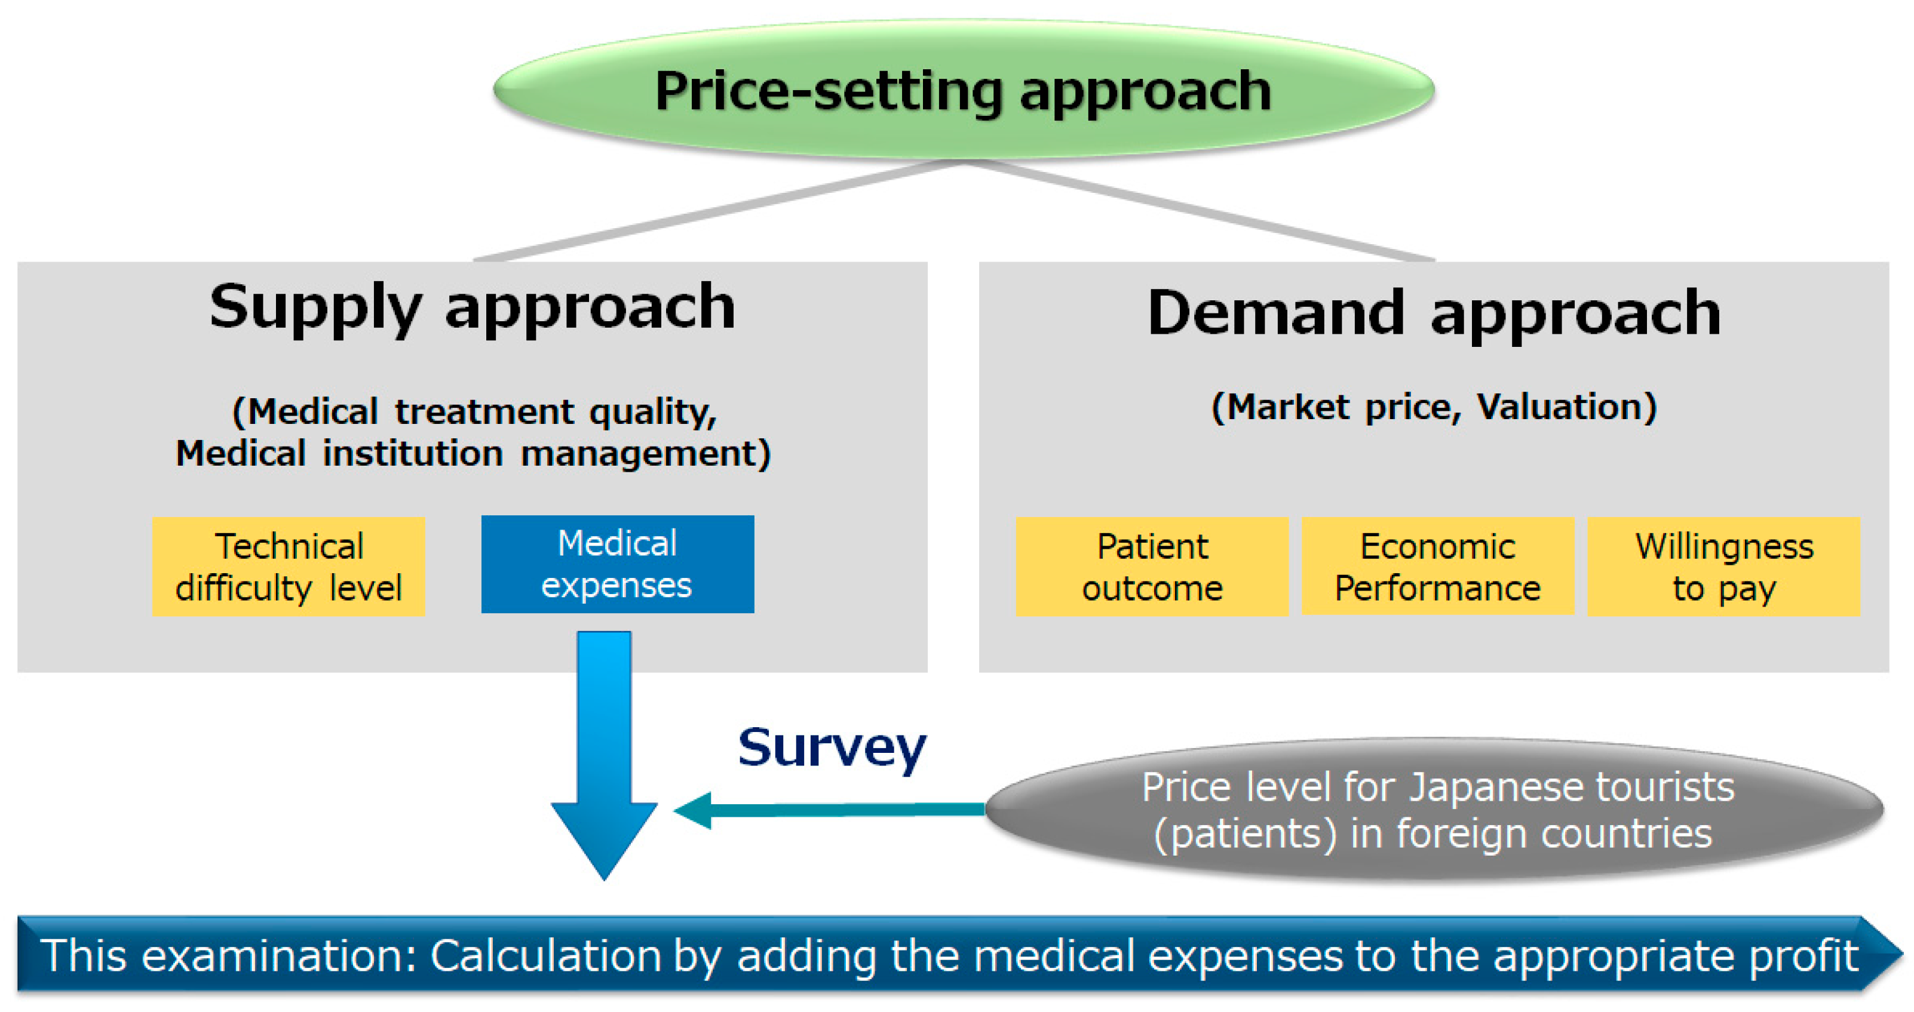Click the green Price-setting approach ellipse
(x=964, y=90)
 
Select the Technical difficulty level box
(x=289, y=567)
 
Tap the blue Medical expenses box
(x=618, y=564)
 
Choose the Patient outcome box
(x=1152, y=567)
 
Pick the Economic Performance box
(x=1438, y=567)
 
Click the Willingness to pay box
(x=1724, y=567)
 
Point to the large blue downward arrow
(x=604, y=756)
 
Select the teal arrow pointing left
(x=829, y=810)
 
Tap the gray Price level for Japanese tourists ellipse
(x=1435, y=810)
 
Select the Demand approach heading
(x=1434, y=313)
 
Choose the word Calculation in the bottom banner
(x=545, y=955)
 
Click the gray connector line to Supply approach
(x=719, y=211)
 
